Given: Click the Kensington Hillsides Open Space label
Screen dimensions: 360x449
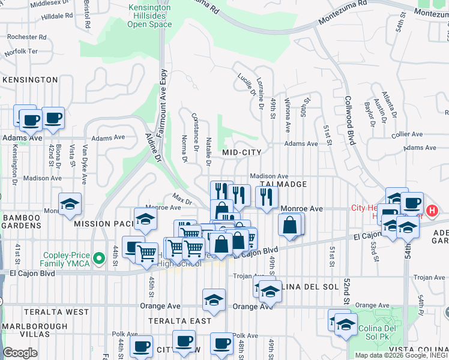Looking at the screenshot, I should [x=149, y=16].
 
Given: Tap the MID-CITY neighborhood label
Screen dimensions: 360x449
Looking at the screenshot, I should [x=242, y=152].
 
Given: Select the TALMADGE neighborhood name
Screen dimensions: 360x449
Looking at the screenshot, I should [x=284, y=184].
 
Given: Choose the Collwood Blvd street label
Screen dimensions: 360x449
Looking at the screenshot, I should [x=349, y=121].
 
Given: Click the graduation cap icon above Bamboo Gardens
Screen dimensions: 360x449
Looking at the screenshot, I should [x=70, y=204].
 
